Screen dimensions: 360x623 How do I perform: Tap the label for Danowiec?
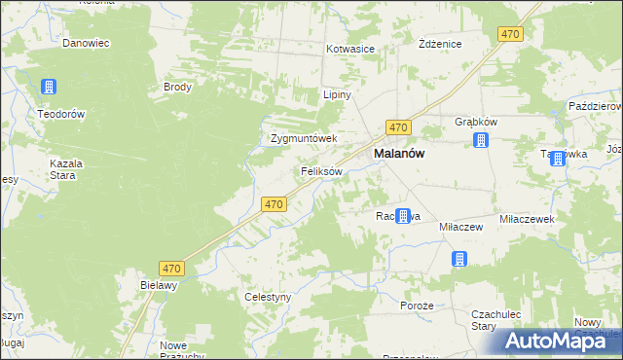point(86,44)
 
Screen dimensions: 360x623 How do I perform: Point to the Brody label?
point(178,87)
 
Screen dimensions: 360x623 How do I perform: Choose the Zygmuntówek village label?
point(304,138)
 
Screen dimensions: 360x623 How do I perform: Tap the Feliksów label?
point(321,171)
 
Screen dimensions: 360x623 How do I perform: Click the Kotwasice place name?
point(351,48)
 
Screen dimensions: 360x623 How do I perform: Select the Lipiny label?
point(336,95)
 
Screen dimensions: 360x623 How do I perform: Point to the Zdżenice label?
point(439,45)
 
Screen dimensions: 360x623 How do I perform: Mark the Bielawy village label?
point(159,285)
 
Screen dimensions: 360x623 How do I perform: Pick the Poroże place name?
point(417,306)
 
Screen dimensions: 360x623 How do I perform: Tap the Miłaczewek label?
point(527,220)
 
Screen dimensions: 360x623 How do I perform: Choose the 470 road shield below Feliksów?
point(274,204)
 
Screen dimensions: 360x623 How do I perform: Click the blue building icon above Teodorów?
point(48,89)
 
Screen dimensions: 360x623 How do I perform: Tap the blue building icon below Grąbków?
point(480,141)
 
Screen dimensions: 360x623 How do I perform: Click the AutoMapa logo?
point(563,340)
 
